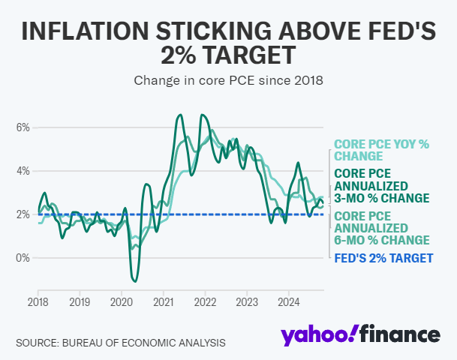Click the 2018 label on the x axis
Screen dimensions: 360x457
point(38,301)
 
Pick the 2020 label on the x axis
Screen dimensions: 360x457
point(122,301)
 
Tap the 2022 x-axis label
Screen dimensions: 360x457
point(205,301)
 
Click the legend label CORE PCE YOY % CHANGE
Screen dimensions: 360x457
point(381,150)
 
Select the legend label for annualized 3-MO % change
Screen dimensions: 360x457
point(381,185)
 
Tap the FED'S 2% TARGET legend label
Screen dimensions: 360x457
point(383,258)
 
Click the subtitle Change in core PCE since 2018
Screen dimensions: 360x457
point(228,79)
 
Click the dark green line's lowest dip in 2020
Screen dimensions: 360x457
point(135,281)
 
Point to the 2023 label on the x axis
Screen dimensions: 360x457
point(247,301)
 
